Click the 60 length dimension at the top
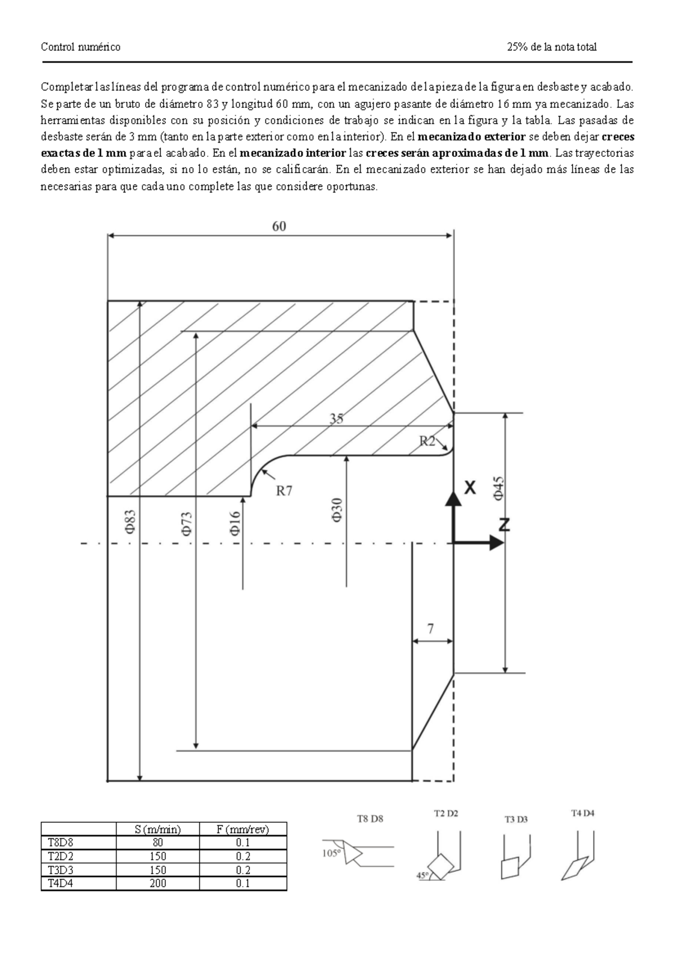(x=280, y=226)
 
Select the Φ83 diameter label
(x=130, y=521)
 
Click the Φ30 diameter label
(x=336, y=508)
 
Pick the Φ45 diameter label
(x=498, y=487)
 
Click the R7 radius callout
(x=284, y=491)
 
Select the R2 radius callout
(x=428, y=442)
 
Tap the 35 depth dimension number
(x=336, y=418)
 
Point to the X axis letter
(x=470, y=488)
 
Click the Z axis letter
(x=504, y=525)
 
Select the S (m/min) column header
(x=157, y=829)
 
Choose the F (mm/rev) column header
(x=242, y=829)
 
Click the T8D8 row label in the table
(x=57, y=843)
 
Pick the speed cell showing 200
(x=157, y=883)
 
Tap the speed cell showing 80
(x=157, y=843)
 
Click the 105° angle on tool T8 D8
(x=331, y=853)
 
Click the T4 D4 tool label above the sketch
(x=583, y=813)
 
